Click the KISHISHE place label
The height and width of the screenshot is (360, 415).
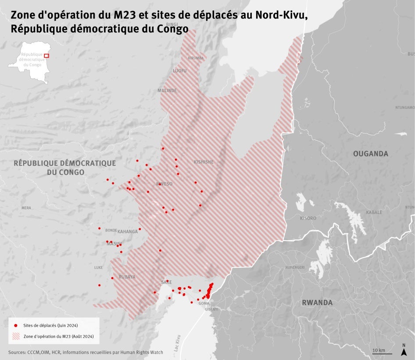click(x=204, y=162)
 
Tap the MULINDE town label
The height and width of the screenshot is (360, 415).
click(x=167, y=90)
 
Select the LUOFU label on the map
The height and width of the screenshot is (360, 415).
click(x=179, y=71)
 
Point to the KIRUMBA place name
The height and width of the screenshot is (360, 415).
click(x=196, y=58)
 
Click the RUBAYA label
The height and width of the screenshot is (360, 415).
click(x=127, y=277)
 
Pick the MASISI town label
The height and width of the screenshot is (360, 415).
click(x=114, y=244)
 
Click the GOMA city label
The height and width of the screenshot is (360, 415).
click(x=204, y=303)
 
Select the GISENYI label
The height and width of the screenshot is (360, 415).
click(x=211, y=310)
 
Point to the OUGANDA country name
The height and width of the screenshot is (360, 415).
click(x=371, y=154)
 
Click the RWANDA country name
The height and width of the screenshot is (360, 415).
click(x=317, y=302)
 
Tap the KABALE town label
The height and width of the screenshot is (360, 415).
click(x=374, y=212)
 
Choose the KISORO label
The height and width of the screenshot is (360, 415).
click(x=308, y=218)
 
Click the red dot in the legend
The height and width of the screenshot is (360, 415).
click(x=16, y=325)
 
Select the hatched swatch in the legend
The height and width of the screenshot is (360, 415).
click(x=16, y=336)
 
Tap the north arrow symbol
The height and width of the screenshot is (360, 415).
click(x=403, y=350)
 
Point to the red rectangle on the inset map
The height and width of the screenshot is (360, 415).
click(x=47, y=56)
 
